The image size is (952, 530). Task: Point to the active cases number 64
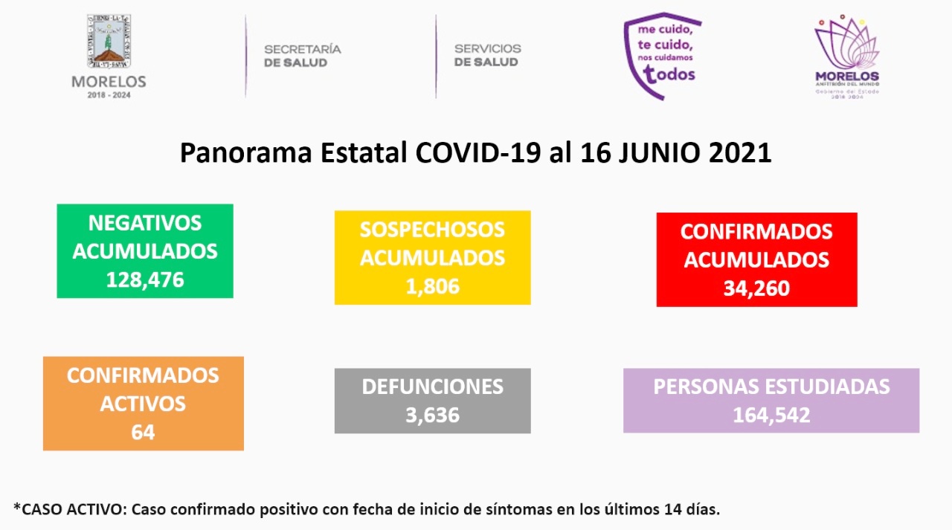tap(143, 432)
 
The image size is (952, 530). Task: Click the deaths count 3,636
tap(432, 415)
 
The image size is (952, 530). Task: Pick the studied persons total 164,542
tap(771, 415)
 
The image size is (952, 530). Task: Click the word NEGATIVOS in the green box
tap(145, 223)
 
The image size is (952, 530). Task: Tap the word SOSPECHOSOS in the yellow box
tap(432, 230)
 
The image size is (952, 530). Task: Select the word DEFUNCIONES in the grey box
tap(432, 387)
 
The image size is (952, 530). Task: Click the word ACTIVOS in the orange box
tap(143, 404)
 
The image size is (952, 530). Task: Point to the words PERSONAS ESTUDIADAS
tap(771, 387)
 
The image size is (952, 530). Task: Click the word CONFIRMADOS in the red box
tap(756, 231)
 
